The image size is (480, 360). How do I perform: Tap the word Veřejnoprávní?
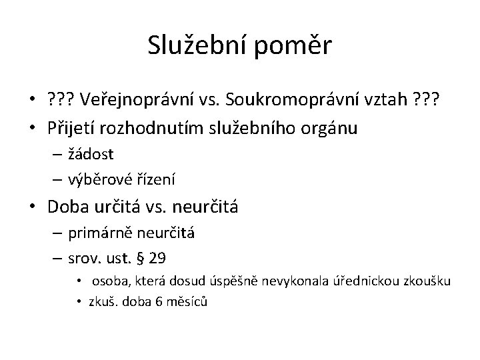point(137,100)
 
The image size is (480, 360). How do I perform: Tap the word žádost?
point(90,154)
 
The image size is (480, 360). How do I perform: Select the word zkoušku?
point(428,281)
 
